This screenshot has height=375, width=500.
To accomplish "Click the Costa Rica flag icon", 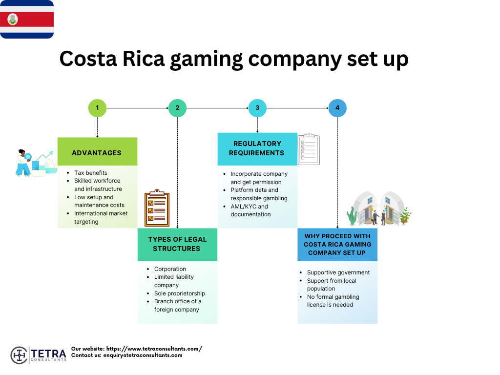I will pyautogui.click(x=27, y=19).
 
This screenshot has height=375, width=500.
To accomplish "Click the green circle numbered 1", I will pyautogui.click(x=97, y=108).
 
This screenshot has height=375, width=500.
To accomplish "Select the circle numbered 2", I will pyautogui.click(x=177, y=108).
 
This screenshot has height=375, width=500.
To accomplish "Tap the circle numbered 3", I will pyautogui.click(x=257, y=108).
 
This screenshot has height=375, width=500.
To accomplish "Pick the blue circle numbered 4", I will pyautogui.click(x=337, y=108).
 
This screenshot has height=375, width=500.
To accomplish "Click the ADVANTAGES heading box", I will pyautogui.click(x=97, y=152).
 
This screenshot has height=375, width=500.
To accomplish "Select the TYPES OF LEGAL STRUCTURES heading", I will pyautogui.click(x=177, y=244).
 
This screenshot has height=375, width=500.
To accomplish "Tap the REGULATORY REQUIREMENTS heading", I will pyautogui.click(x=257, y=148).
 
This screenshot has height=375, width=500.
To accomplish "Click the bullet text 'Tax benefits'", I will pyautogui.click(x=91, y=173).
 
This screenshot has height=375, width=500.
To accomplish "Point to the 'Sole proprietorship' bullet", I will pyautogui.click(x=179, y=293).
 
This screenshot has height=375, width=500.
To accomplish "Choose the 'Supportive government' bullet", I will pyautogui.click(x=338, y=272).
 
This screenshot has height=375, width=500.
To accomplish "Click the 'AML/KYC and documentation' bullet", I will pyautogui.click(x=250, y=210).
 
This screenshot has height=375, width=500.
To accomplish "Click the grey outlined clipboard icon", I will pyautogui.click(x=309, y=149).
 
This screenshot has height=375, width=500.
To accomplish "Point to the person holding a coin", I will pyautogui.click(x=23, y=163).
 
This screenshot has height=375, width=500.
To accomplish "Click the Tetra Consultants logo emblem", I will pyautogui.click(x=19, y=355).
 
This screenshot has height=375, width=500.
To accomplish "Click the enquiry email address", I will pyautogui.click(x=143, y=355).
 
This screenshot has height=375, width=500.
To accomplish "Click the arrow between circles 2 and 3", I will pyautogui.click(x=217, y=108).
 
